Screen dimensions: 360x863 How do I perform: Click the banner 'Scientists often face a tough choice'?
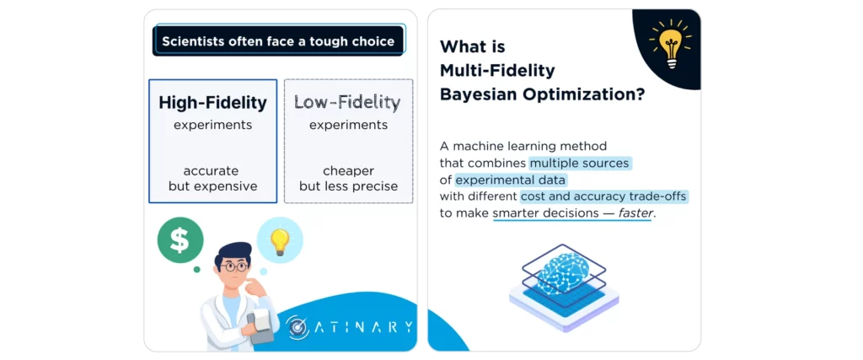point(278,40)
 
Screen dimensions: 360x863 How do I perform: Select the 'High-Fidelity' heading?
point(212,103)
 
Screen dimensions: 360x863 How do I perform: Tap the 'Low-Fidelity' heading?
point(347,103)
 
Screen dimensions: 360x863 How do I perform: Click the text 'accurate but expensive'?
point(212,178)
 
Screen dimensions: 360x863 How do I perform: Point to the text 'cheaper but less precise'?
point(347,178)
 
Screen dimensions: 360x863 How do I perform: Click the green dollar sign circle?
point(180,239)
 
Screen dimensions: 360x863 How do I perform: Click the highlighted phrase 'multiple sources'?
point(580,162)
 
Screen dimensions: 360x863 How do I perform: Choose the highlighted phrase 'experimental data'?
point(511,179)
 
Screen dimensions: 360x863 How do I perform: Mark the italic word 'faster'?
point(635,213)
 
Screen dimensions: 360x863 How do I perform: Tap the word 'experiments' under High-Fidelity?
point(212,125)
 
